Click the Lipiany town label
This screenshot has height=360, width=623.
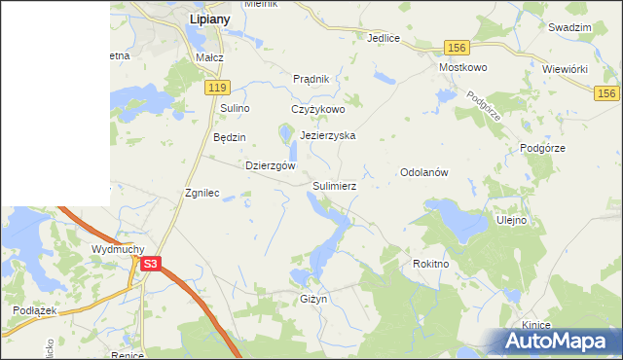click(209, 18)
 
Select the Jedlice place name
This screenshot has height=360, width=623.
click(385, 39)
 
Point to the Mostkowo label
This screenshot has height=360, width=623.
click(462, 68)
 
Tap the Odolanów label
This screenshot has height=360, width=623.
click(423, 172)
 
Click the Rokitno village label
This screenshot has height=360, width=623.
click(430, 264)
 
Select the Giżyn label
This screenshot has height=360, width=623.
click(313, 299)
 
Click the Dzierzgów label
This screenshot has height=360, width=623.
click(271, 165)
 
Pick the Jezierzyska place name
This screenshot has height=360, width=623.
click(328, 136)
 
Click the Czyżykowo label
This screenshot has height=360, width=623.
click(318, 110)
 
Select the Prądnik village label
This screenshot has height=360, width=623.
click(312, 79)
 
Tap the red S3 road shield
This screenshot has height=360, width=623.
click(150, 263)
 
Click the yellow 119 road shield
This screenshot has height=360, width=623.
click(217, 88)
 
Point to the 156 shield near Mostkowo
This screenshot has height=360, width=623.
click(457, 47)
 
